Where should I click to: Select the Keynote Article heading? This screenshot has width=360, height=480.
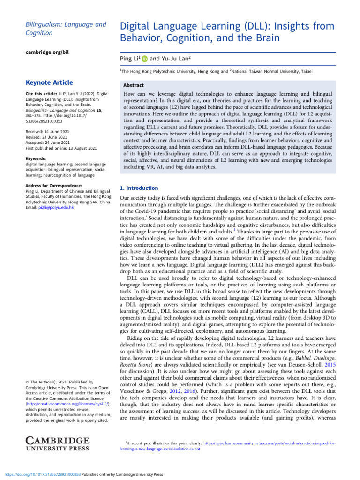[x=50, y=82]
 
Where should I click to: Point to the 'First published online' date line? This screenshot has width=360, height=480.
[x=61, y=135]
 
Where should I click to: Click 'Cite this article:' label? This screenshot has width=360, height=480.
[x=41, y=94]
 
